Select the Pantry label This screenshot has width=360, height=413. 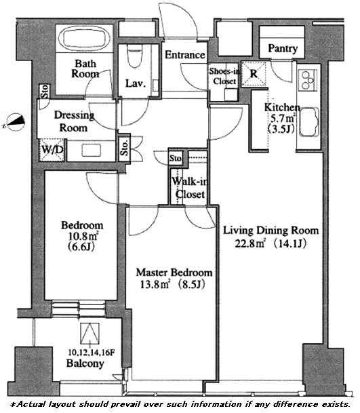tap(283, 48)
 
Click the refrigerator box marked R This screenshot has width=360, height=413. tap(254, 74)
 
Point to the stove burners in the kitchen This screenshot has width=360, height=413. tap(307, 80)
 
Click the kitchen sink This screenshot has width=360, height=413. tap(308, 121)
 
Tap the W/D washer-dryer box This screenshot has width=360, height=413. tap(52, 150)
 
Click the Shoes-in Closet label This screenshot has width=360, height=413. tap(224, 76)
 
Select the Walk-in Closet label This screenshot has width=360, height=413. tap(190, 188)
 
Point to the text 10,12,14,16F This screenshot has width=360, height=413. tap(92, 353)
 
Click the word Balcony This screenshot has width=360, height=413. tap(85, 363)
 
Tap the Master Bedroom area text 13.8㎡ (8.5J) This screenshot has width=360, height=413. tap(172, 284)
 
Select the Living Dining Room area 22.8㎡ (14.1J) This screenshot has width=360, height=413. tap(271, 243)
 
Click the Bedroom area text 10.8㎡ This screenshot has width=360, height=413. tap(83, 236)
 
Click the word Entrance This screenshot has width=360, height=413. tap(185, 55)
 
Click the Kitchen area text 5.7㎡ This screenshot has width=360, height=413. tap(283, 118)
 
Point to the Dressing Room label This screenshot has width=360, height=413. tap(74, 121)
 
